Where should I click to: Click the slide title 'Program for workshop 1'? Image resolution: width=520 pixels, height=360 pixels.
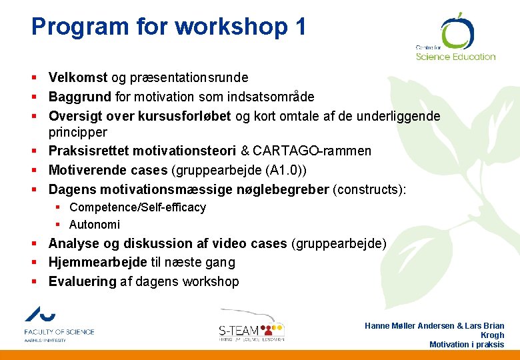pyautogui.click(x=169, y=27)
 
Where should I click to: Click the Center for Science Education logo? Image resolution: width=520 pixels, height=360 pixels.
pyautogui.click(x=455, y=38)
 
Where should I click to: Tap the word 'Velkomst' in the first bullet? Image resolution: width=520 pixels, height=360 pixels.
pyautogui.click(x=75, y=78)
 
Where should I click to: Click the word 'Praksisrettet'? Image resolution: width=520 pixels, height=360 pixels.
pyautogui.click(x=91, y=151)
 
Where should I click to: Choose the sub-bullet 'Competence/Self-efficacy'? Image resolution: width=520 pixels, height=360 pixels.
pyautogui.click(x=137, y=208)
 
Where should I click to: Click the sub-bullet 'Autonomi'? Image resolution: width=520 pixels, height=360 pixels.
pyautogui.click(x=95, y=225)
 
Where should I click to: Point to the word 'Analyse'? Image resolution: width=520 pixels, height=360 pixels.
pyautogui.click(x=75, y=243)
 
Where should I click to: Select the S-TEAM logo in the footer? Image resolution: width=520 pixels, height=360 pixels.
pyautogui.click(x=252, y=327)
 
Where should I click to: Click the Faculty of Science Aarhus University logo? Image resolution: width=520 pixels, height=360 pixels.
pyautogui.click(x=59, y=325)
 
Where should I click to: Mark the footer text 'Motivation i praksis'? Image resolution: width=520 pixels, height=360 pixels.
pyautogui.click(x=467, y=345)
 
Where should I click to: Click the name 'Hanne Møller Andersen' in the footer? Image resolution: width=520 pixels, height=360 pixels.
pyautogui.click(x=409, y=326)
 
